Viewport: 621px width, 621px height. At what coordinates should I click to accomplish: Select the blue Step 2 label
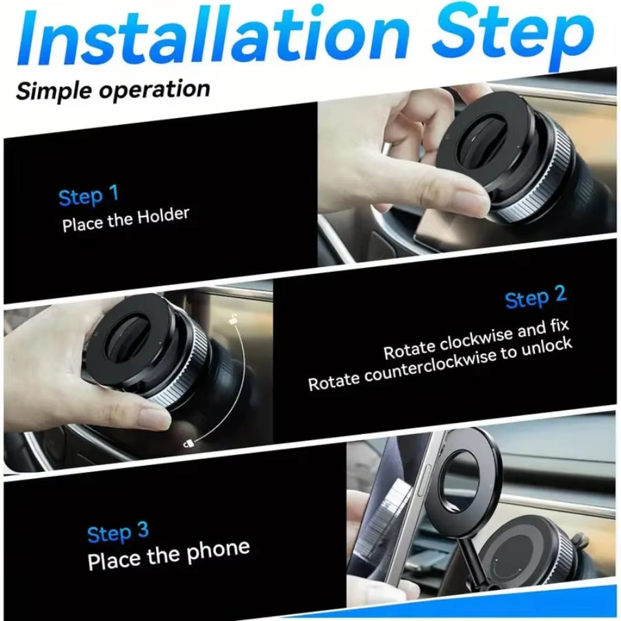pos(535,298)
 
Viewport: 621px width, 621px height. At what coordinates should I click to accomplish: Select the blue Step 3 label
pos(117,532)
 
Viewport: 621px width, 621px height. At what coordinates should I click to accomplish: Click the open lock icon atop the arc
pos(235,319)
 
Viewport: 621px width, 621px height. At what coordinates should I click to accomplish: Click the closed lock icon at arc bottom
pos(188,444)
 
